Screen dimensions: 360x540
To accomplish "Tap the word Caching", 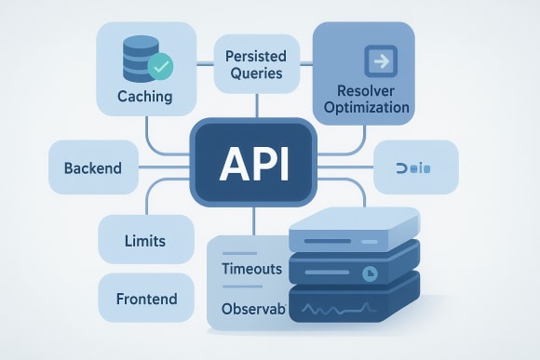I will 143,96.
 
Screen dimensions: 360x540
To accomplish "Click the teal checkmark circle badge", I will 160,66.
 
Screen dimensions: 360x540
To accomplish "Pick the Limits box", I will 144,241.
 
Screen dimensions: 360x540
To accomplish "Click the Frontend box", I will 144,300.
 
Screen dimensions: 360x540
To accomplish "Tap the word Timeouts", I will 252,269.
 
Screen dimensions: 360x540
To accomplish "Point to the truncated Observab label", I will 251,308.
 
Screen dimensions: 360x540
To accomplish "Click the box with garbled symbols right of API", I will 415,167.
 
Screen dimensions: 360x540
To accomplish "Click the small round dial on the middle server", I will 367,273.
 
